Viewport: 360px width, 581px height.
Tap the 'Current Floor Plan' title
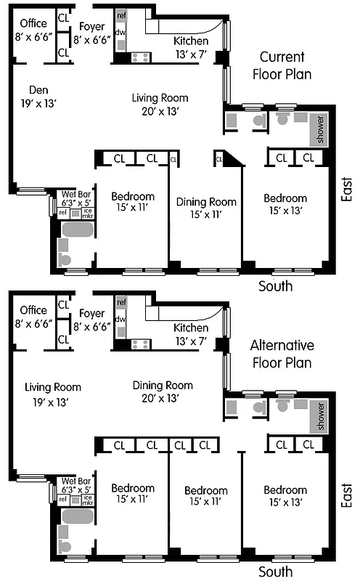click(x=282, y=65)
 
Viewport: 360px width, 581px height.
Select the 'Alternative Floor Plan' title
click(x=282, y=353)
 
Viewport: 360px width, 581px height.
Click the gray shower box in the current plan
click(x=318, y=129)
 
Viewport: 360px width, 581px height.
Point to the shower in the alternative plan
click(x=318, y=415)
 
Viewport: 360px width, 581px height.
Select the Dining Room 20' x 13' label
click(x=158, y=391)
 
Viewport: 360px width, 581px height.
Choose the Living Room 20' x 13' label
click(x=160, y=104)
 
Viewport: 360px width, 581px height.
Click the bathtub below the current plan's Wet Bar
click(x=77, y=230)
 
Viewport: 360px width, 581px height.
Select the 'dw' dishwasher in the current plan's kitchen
click(x=120, y=32)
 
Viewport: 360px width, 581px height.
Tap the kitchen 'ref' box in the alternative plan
click(x=121, y=301)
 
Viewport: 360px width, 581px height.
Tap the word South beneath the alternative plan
click(x=276, y=572)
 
